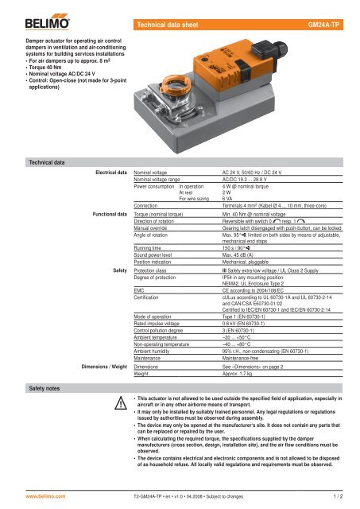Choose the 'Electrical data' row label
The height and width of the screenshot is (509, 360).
pyautogui.click(x=111, y=171)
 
